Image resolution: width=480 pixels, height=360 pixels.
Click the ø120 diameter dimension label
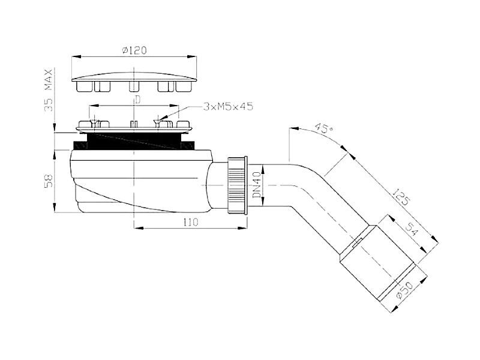pyautogui.click(x=134, y=50)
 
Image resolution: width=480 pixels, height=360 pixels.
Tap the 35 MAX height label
pyautogui.click(x=49, y=90)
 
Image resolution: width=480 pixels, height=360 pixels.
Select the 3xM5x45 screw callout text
pyautogui.click(x=228, y=107)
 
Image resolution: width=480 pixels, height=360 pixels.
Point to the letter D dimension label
pyautogui.click(x=138, y=100)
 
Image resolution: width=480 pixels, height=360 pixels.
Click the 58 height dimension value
pyautogui.click(x=49, y=181)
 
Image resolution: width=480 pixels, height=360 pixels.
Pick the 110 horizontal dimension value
pyautogui.click(x=191, y=222)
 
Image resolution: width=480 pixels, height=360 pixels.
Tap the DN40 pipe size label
pyautogui.click(x=257, y=185)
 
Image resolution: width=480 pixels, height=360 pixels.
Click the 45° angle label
pyautogui.click(x=323, y=128)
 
